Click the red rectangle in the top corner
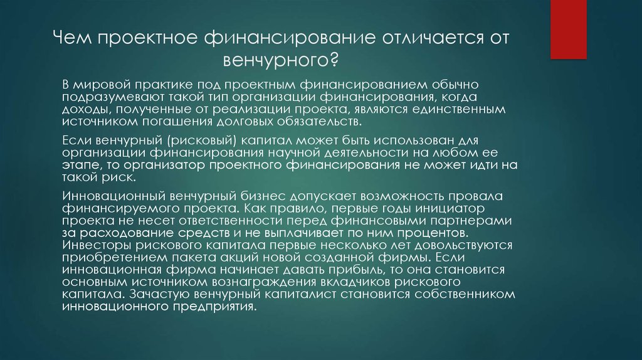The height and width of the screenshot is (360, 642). coord(568,29)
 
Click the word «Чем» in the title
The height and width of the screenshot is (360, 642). coord(73,38)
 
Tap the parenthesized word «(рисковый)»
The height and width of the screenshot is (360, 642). coord(202,140)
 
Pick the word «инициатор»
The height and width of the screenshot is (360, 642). coord(450,208)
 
